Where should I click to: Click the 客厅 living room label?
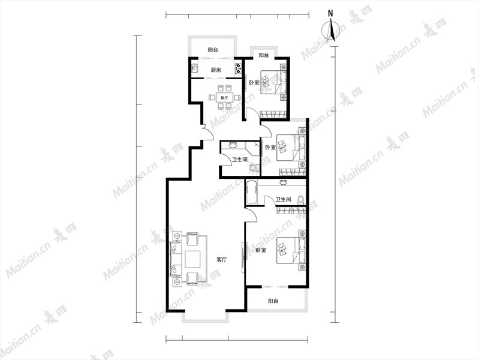[x=221, y=260]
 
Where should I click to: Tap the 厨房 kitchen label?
[x=216, y=70]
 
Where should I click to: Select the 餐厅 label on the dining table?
[x=224, y=98]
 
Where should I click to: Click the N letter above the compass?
[x=330, y=13]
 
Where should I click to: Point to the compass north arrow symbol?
[x=331, y=30]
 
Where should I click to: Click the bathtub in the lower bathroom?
[x=251, y=192]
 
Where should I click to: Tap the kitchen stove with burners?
[x=238, y=68]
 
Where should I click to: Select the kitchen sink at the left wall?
[x=195, y=68]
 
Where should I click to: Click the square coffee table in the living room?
[x=192, y=259]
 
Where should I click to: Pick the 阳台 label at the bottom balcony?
[x=273, y=301]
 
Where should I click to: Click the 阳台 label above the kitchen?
[x=213, y=50]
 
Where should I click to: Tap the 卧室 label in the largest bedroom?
[x=261, y=250]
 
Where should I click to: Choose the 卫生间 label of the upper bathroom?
[x=240, y=160]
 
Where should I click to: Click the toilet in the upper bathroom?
[x=252, y=168]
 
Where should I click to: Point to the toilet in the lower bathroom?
[x=301, y=199]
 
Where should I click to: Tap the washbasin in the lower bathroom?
[x=283, y=182]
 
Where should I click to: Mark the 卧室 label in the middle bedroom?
[x=270, y=148]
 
